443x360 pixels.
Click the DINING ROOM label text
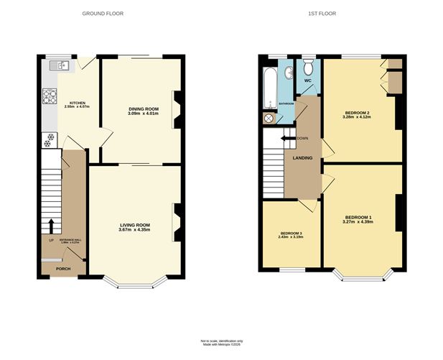coord(142,109)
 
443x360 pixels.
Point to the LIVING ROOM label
coord(134,225)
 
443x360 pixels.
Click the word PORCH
coord(63,268)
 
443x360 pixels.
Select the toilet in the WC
coord(309,68)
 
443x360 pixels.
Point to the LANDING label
coord(302,158)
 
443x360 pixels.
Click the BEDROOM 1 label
coord(358,217)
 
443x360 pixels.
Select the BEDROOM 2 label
coord(357,113)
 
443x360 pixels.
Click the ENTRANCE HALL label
coord(70,239)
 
